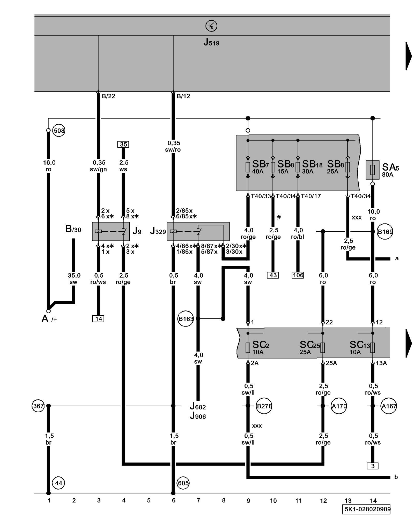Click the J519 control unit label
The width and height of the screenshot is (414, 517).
point(211,42)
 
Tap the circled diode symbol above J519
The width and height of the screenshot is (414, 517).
point(211,26)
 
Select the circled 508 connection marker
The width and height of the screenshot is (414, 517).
point(59,131)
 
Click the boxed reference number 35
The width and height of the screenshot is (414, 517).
point(123,144)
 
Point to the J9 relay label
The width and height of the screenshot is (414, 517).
point(137,231)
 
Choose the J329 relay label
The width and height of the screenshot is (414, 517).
point(158,231)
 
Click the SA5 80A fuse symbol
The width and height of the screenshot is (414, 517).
point(372,170)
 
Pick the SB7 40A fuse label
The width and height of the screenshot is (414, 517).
point(260,166)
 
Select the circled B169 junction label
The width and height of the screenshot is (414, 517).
point(385,232)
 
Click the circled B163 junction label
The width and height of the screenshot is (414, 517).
point(186,319)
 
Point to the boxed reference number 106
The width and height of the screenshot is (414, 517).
point(298,275)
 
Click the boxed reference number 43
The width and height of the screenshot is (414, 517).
point(273,275)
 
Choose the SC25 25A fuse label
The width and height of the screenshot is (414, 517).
point(309,347)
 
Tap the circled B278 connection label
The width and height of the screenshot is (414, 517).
point(264,406)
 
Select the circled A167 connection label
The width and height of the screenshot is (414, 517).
point(389,406)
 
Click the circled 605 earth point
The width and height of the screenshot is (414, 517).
point(183,483)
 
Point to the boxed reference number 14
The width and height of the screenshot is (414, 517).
point(98,319)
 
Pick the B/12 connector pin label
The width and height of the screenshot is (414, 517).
point(183,96)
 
